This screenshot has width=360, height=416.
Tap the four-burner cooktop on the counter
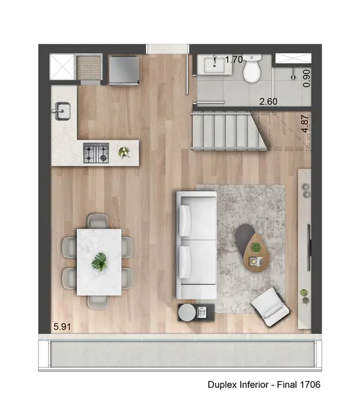97,152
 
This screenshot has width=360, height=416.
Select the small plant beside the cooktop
124,152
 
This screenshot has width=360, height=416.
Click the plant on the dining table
99,261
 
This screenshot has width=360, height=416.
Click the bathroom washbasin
211,65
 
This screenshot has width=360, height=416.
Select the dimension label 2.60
268,101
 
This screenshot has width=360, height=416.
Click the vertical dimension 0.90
306,77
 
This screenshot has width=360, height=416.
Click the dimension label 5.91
62,326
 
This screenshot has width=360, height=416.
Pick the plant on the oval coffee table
256,247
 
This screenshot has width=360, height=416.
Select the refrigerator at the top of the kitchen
123,70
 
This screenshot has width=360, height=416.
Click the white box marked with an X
62,67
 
